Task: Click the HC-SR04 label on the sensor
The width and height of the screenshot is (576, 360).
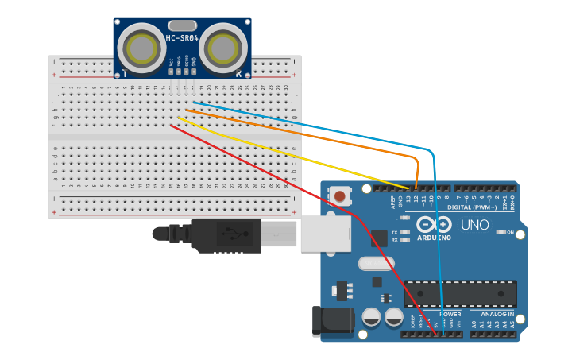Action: coord(182,37)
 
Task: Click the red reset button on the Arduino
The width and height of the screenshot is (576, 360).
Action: coord(340,195)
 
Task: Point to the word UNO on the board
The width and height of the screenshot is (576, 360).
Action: coord(475,225)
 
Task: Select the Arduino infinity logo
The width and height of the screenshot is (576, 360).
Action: coord(434,226)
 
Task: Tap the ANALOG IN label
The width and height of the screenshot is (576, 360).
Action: coord(496,314)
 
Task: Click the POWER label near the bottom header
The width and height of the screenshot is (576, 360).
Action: coord(450,314)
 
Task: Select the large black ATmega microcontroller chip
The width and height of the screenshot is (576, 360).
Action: coord(460,293)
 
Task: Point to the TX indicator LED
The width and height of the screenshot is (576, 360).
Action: coord(405,232)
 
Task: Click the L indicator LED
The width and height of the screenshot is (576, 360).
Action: coord(405,217)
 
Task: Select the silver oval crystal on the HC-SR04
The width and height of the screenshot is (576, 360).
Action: coord(182,25)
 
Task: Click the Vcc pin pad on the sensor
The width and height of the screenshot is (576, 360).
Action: coord(171,71)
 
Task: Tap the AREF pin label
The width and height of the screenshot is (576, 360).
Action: coord(392,202)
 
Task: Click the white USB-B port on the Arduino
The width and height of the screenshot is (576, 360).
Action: coord(325,234)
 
